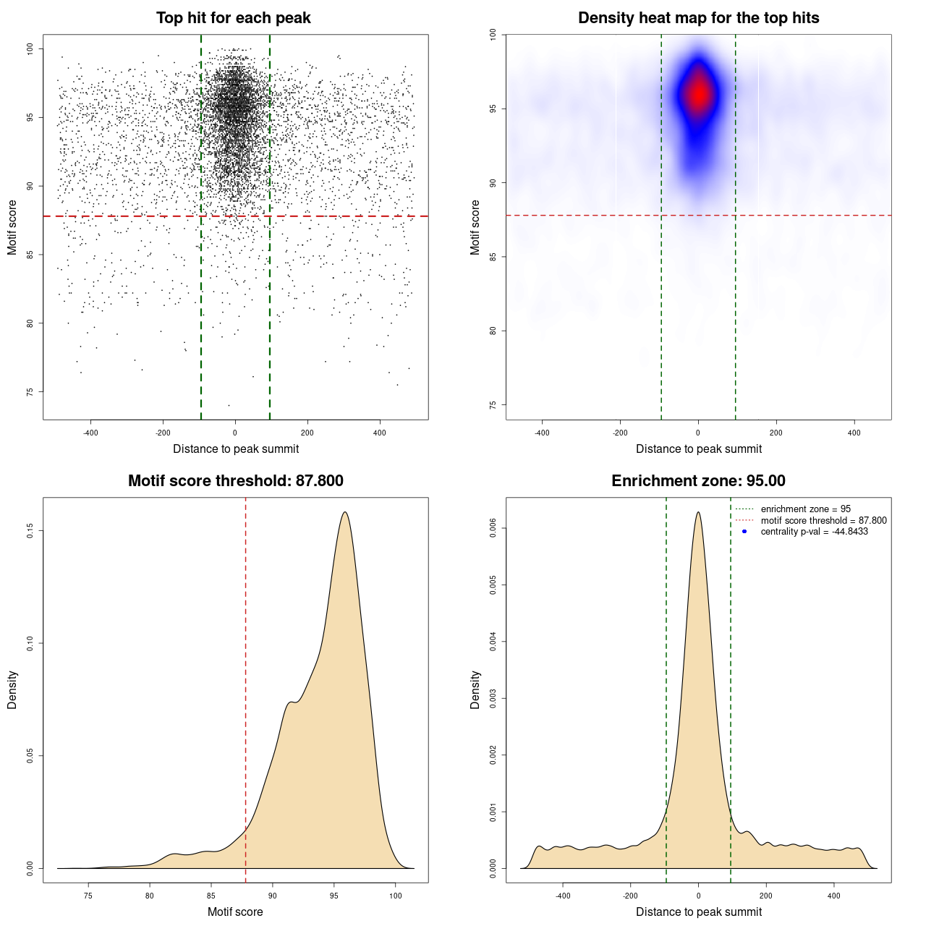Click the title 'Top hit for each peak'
pos(234,18)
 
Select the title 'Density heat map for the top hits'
pos(698,18)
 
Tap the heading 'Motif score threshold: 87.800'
pos(235,481)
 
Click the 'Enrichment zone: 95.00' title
pos(698,481)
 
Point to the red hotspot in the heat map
pos(699,94)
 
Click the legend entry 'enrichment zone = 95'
pos(805,509)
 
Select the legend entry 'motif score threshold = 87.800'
pos(823,520)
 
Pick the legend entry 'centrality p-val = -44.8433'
pos(814,532)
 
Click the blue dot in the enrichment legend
pos(744,532)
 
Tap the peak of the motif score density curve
pos(345,512)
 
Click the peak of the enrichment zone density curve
pos(698,512)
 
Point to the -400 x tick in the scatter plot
pos(90,433)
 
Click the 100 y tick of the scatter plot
pos(30,48)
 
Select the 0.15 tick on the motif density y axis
pos(30,531)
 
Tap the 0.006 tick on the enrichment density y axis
pos(493,529)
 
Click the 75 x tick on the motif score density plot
pos(88,896)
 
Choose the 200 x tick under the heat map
pos(776,433)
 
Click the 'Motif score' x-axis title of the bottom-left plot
pos(235,912)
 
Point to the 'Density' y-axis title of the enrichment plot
pos(475,689)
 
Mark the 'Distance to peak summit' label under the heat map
pos(698,449)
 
